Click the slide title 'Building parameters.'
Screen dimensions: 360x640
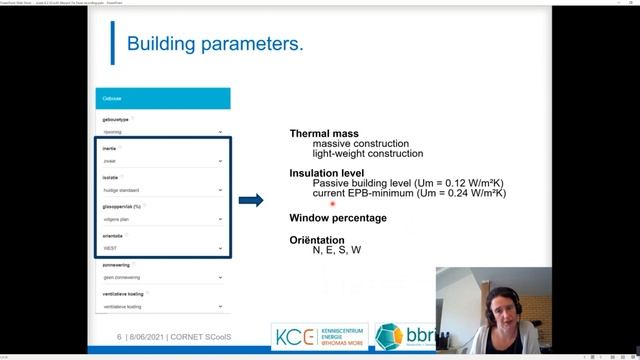216,45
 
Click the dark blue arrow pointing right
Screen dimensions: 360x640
251,200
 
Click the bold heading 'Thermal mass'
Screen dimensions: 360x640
323,133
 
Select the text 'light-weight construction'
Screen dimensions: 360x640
367,154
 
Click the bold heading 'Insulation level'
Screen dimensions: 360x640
327,173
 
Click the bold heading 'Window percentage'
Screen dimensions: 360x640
338,218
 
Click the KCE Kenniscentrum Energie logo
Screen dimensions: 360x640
320,335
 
